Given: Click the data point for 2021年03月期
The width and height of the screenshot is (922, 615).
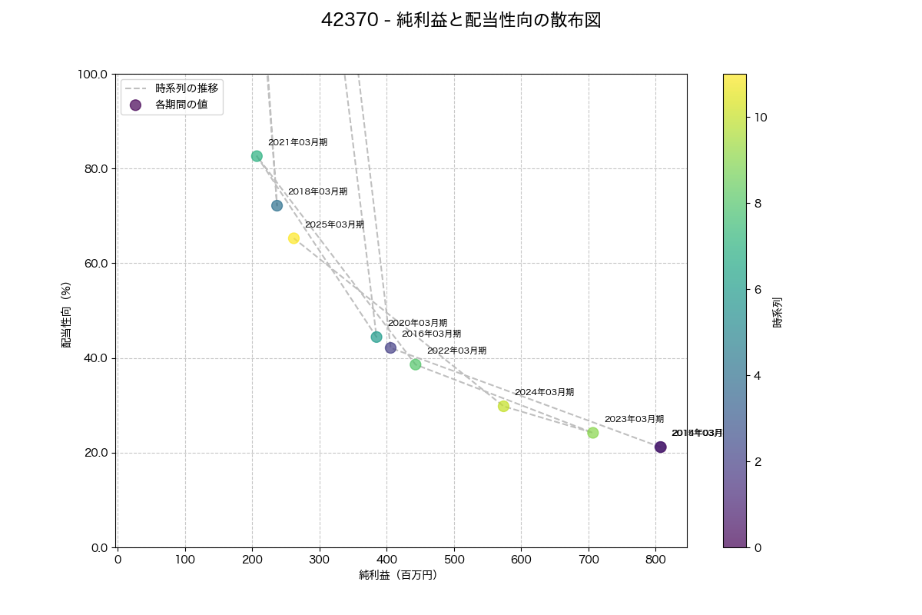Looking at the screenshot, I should point(257,156).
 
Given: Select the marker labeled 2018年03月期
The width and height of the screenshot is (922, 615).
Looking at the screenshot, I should point(277,205).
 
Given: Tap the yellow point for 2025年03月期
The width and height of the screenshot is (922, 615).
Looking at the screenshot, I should point(294,238).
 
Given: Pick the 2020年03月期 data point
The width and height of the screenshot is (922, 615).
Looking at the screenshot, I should point(376,337).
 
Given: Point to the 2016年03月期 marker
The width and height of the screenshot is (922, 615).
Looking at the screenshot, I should point(390,347).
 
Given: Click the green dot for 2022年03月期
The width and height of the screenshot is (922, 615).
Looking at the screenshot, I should point(416,364).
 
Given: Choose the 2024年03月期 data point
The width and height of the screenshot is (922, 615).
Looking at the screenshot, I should point(503,406).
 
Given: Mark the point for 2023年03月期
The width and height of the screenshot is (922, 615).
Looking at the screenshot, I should point(592,433).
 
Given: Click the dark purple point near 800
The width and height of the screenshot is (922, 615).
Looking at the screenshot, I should point(661,447).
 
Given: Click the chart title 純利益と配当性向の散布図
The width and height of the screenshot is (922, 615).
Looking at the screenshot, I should point(461,21).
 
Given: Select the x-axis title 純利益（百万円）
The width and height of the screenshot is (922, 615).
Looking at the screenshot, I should point(398,575).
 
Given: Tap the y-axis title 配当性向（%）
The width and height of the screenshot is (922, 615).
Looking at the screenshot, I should point(67,315).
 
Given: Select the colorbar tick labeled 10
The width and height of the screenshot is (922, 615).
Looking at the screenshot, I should point(761,118).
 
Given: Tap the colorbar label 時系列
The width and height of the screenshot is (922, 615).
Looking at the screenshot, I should point(778,311).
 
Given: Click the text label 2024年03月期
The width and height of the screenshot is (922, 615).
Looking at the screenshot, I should point(544,393).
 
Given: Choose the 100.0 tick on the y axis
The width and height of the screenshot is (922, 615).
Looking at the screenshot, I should point(93,75).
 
